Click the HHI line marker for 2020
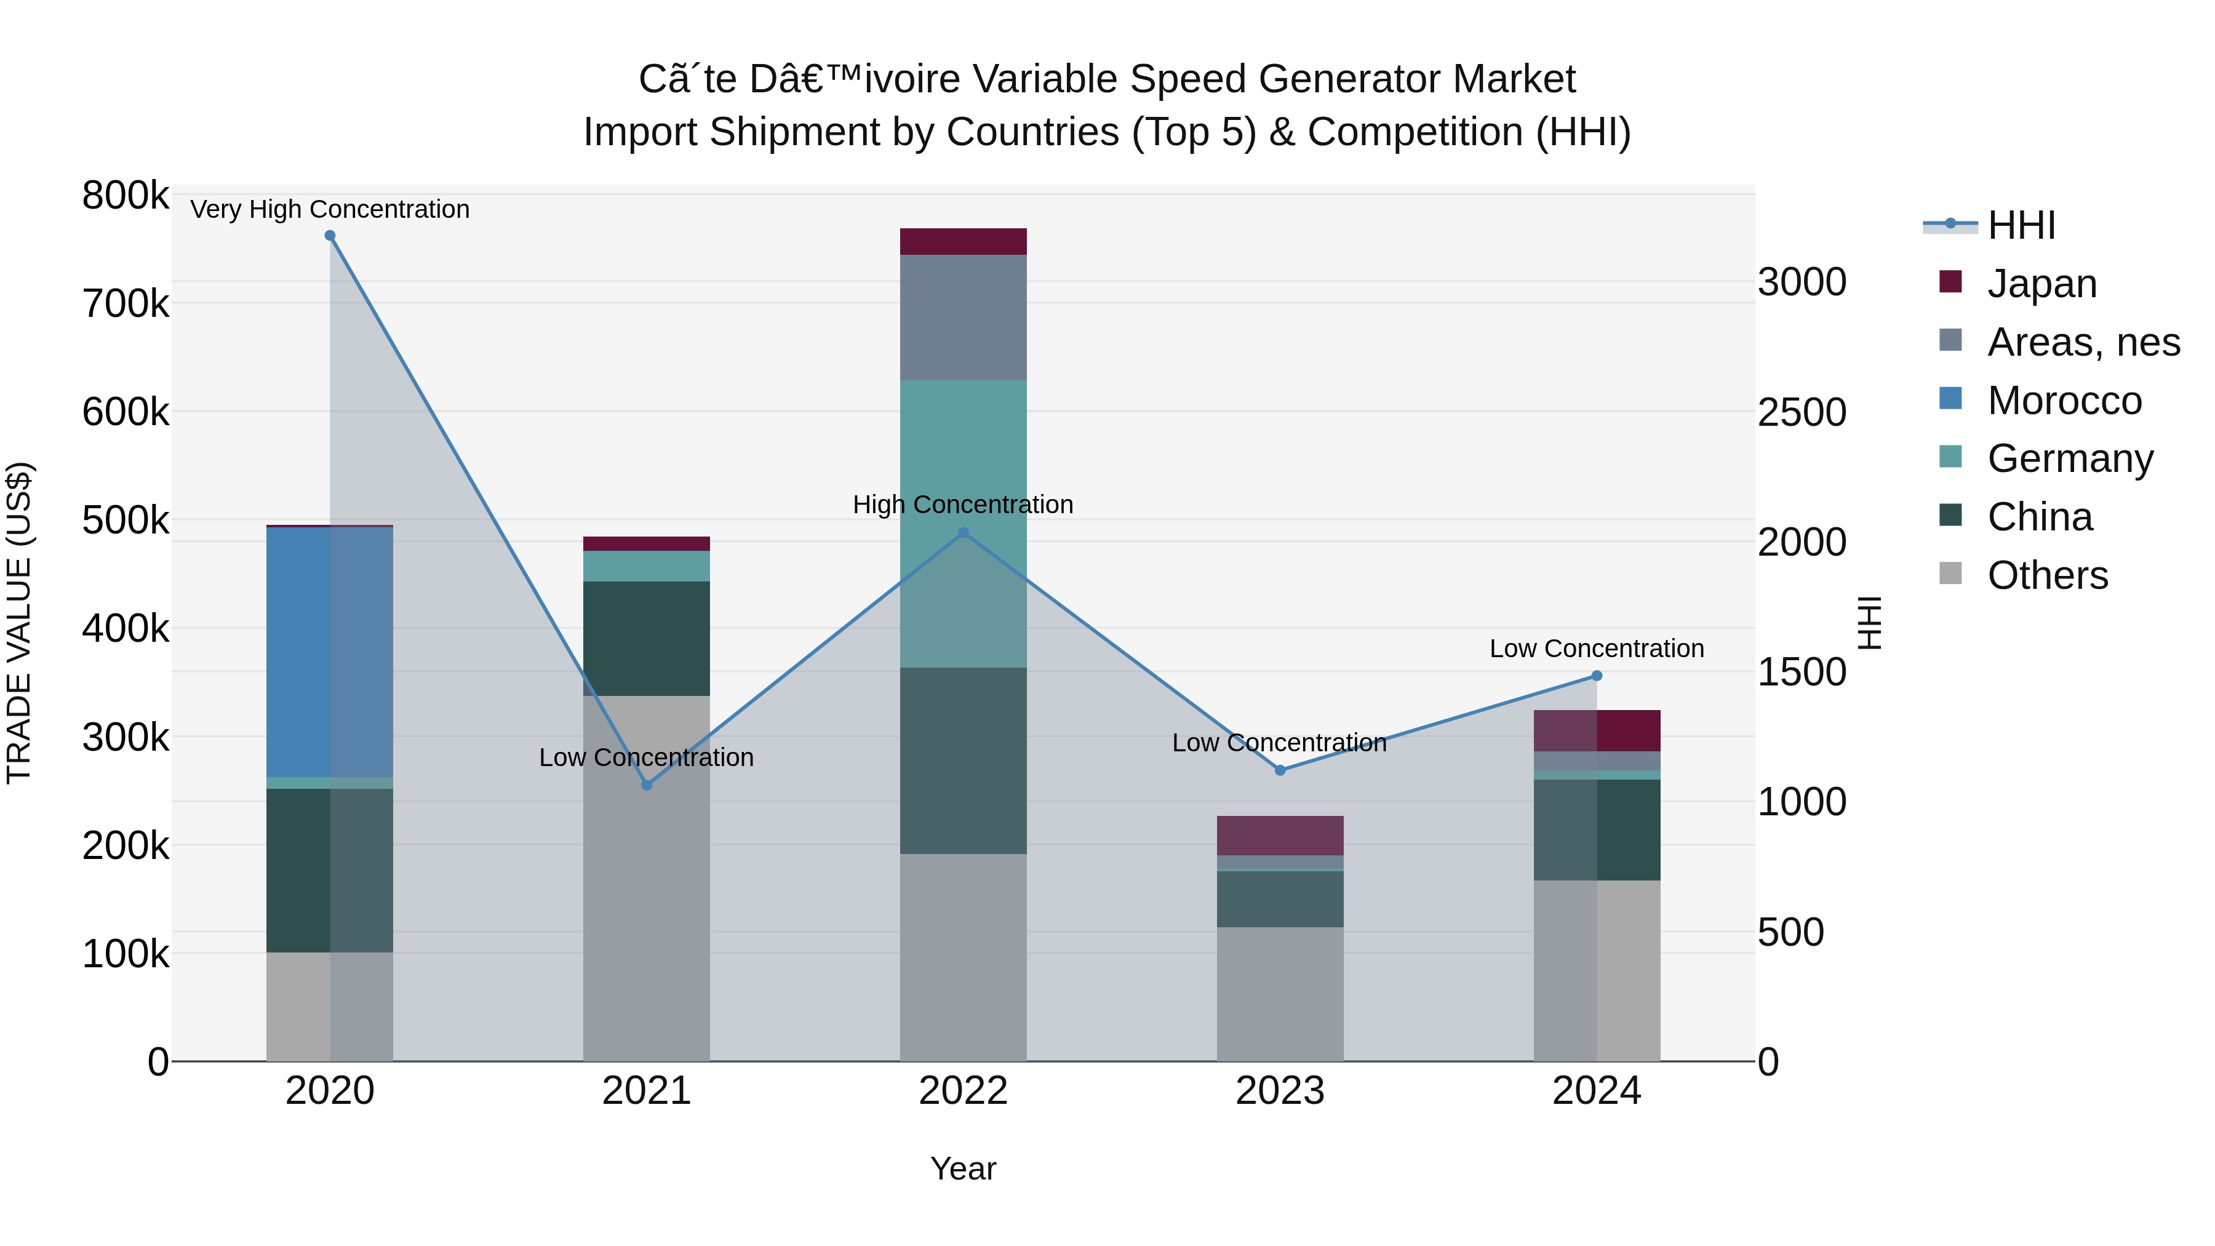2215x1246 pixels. (330, 236)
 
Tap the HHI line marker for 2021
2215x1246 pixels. (647, 785)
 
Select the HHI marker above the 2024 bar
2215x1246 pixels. (1597, 676)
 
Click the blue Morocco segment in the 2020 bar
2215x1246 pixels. (329, 652)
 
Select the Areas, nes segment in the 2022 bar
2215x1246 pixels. (963, 317)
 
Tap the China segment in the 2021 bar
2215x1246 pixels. (647, 638)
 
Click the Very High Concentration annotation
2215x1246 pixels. (330, 209)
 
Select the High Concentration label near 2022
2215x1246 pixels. (963, 504)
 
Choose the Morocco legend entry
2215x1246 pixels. (2064, 401)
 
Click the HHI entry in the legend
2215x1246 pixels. (2021, 225)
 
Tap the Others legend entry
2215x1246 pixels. (2046, 575)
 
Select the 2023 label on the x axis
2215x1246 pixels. (1280, 1091)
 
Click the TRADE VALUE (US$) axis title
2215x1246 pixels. (19, 623)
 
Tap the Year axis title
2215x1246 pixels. (963, 1168)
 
